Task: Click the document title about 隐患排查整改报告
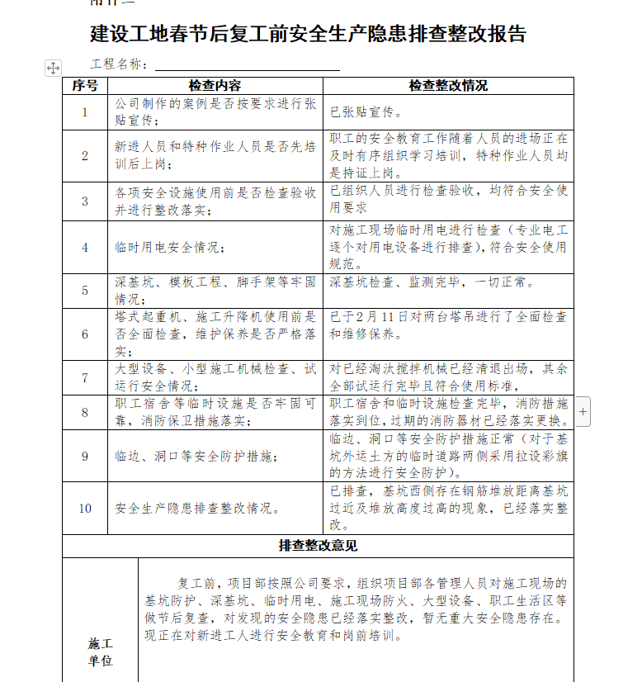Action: [308, 34]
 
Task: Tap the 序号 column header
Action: [85, 86]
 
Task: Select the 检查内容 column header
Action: [215, 86]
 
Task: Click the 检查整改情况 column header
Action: [448, 86]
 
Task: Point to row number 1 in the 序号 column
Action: [85, 112]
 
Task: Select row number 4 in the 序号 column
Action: [85, 247]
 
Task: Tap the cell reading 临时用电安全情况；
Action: [169, 247]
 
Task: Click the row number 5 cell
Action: [85, 290]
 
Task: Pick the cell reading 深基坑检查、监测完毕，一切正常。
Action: [432, 282]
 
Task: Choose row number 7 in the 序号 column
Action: [85, 377]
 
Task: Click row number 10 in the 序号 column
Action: [85, 508]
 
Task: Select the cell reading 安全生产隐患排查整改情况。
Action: [196, 508]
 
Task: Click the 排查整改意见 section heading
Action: [318, 546]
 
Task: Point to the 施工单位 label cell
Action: [100, 651]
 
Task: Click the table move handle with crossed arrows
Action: [52, 68]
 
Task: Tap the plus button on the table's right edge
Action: [583, 410]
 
